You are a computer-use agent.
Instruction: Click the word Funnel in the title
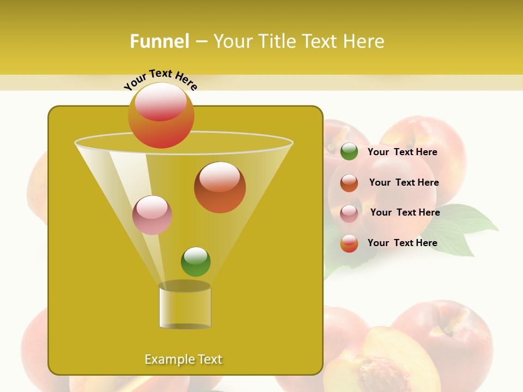pos(160,41)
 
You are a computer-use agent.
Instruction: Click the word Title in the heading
pos(277,41)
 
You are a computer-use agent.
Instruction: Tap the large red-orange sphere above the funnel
pos(161,115)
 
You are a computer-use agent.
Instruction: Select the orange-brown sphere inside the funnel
pos(220,187)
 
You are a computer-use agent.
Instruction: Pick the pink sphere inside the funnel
pos(152,215)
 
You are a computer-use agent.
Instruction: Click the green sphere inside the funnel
pos(196,262)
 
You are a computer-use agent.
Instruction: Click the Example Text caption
pos(183,359)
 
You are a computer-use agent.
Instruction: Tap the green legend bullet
pos(349,152)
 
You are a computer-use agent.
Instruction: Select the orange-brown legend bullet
pos(349,183)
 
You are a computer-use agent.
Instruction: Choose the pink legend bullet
pos(349,213)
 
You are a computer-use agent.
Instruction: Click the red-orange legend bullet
pos(349,243)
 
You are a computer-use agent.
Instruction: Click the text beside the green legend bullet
pos(402,152)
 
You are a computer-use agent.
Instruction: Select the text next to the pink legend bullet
pos(405,212)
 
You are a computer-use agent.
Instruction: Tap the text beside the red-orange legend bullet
pos(402,243)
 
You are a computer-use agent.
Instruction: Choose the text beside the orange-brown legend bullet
pos(404,182)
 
